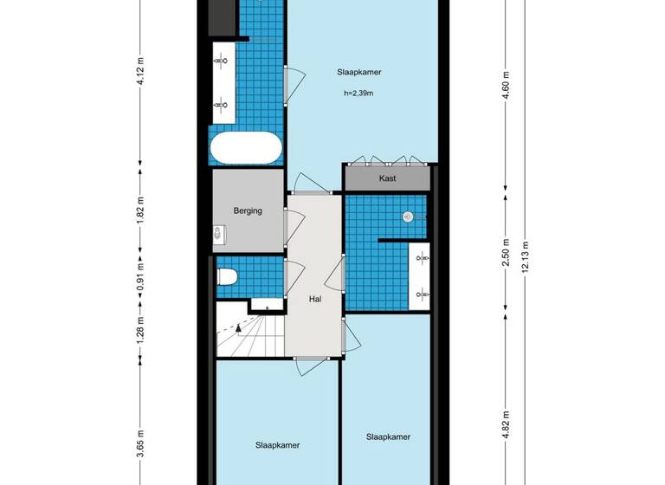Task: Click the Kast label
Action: point(387,178)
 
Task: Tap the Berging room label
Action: point(248,210)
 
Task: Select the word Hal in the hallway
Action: point(316,299)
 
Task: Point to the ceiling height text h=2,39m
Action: point(358,94)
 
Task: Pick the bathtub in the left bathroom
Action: point(246,148)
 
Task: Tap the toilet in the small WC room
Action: point(227,277)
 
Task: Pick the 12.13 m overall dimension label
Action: point(524,256)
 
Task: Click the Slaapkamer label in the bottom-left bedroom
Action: point(277,445)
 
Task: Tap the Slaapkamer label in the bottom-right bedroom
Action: point(387,436)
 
